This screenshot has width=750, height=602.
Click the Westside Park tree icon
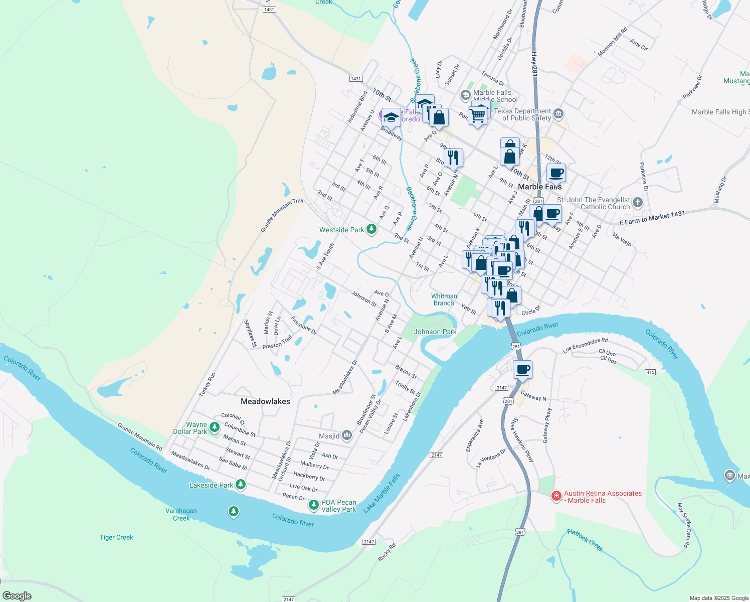click(371, 229)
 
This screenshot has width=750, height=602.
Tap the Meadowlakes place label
click(265, 401)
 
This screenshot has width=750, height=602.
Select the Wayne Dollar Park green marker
click(215, 427)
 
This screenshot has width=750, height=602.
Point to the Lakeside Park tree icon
click(241, 484)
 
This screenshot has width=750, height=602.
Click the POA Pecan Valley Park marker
click(314, 505)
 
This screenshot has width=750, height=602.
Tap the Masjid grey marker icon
click(347, 435)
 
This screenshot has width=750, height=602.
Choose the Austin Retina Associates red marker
click(556, 496)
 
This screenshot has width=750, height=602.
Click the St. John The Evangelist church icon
click(637, 203)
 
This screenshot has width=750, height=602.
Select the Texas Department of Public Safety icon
click(558, 114)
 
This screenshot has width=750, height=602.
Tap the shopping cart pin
click(478, 116)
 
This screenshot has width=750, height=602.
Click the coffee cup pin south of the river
click(522, 370)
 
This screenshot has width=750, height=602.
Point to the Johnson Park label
click(435, 332)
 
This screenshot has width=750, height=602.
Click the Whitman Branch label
click(444, 299)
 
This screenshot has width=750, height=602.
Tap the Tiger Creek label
click(116, 537)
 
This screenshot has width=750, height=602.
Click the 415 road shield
click(650, 372)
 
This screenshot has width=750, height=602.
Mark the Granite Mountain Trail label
click(282, 215)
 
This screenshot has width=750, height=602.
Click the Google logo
click(17, 596)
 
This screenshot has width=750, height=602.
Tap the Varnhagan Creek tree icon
click(233, 511)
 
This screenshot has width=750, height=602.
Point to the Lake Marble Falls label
click(382, 493)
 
